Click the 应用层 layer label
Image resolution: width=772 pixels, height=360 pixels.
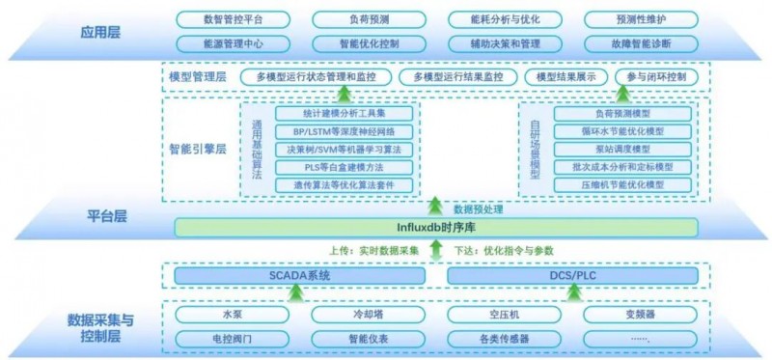[x=101, y=32]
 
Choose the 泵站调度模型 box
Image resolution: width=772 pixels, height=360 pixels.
[x=622, y=149]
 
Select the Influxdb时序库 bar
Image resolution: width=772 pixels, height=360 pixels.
[x=435, y=228]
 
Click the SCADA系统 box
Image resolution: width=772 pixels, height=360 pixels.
[x=299, y=276]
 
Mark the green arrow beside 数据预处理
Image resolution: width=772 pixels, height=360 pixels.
[x=435, y=206]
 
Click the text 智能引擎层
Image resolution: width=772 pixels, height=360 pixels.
[x=197, y=150]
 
